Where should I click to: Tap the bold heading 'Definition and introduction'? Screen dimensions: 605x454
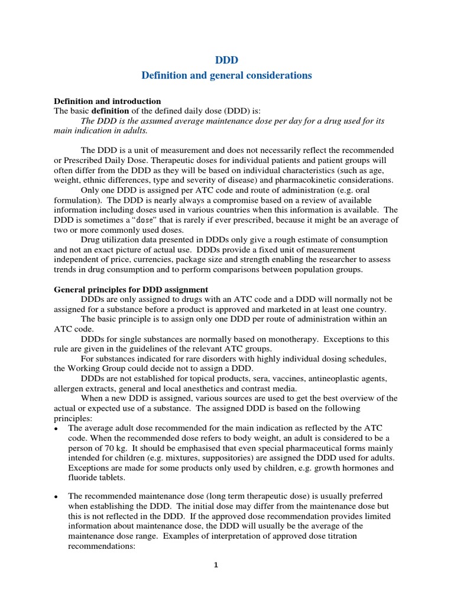[107, 101]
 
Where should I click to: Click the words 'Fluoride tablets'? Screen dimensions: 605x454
[96, 478]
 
